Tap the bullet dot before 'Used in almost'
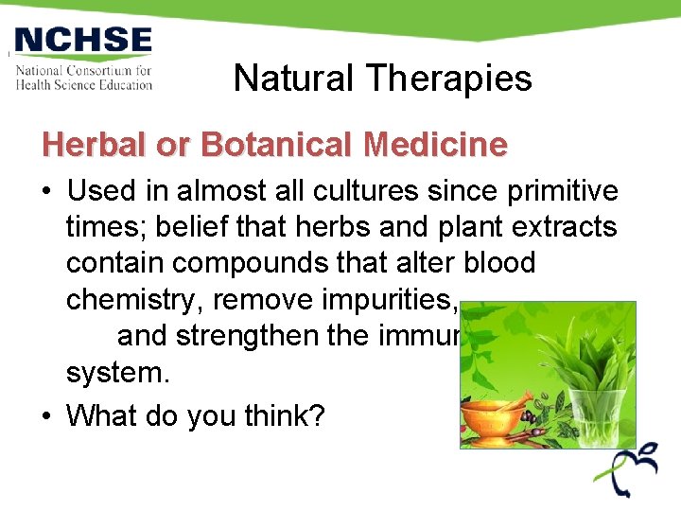point(46,192)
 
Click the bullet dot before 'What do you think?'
point(46,415)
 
